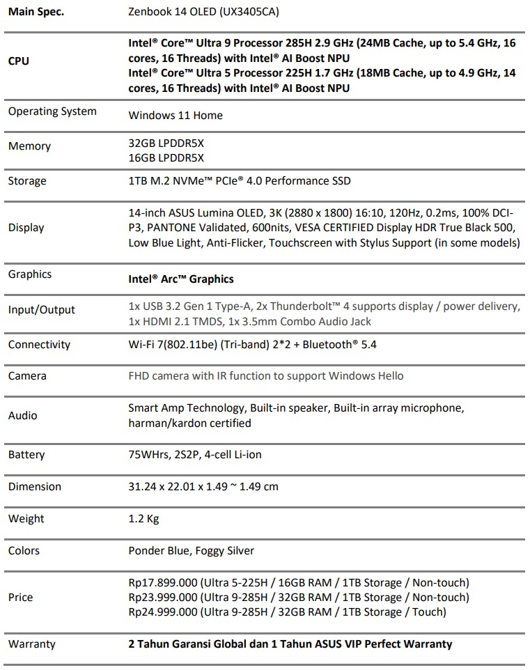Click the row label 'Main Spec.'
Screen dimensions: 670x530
[x=36, y=12]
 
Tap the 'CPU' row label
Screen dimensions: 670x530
[x=19, y=61]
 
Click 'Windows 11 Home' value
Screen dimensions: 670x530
[x=176, y=116]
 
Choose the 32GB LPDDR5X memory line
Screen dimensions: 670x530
[x=166, y=142]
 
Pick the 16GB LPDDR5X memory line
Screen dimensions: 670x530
[x=166, y=158]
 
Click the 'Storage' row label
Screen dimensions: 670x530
[x=27, y=181]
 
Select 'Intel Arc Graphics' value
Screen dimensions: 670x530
[x=181, y=279]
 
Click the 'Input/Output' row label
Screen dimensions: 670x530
[x=42, y=310]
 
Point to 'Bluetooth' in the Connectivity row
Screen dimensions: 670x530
[x=320, y=345]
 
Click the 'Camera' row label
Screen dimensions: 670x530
[x=27, y=376]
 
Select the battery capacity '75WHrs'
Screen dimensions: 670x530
[x=148, y=455]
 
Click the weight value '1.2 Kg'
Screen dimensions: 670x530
[x=145, y=519]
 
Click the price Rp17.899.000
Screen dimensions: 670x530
[x=164, y=583]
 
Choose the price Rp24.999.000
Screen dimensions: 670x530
[x=164, y=612]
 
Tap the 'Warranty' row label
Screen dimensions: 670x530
[x=32, y=644]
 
